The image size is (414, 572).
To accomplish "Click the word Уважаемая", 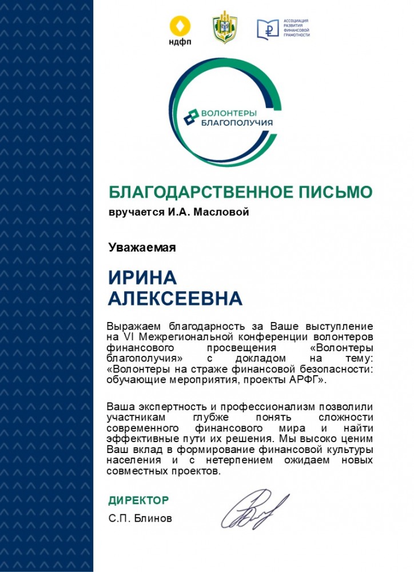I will coord(142,248).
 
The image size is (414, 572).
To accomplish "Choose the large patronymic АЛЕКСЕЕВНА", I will coord(175,298).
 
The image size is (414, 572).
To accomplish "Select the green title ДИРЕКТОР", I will coord(138,500).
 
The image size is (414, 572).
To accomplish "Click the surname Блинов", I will coord(153,519).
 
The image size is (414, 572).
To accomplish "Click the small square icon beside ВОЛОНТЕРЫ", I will coord(190,117).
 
